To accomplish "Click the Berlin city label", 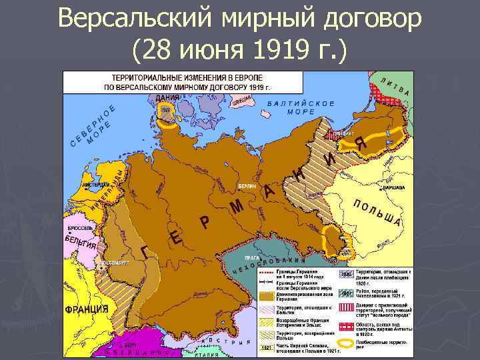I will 247,187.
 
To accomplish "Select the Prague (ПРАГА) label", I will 252,257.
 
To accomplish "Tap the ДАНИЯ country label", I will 167,98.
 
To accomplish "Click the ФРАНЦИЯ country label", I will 87,309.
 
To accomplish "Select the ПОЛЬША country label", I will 378,213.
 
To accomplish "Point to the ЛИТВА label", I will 398,87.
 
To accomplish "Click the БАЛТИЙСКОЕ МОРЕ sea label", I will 300,108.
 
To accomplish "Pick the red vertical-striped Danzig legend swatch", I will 346,307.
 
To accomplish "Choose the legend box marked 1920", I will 346,274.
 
